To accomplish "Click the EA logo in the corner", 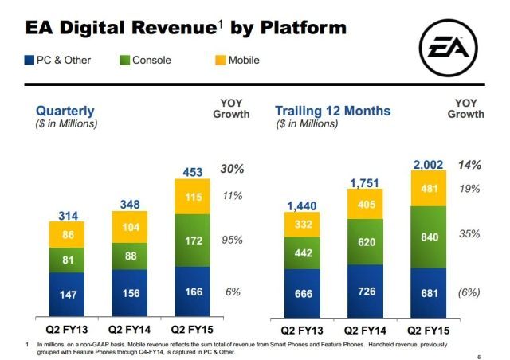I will pos(449,50).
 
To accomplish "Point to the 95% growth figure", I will pos(233,240).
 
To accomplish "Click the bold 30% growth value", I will pos(233,170).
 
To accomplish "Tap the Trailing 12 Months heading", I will pos(333,111).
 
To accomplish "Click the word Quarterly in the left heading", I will pos(65,111).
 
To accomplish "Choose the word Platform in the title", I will pos(300,29).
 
